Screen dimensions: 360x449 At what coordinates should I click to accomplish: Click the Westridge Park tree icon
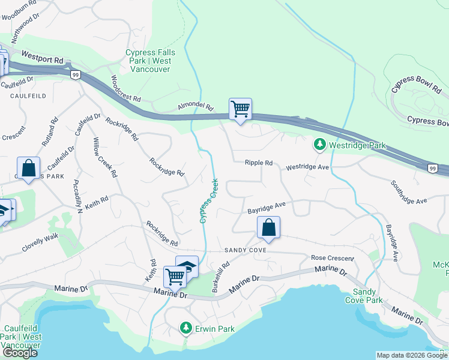pyautogui.click(x=320, y=145)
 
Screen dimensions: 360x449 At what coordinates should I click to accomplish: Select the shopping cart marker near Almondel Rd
pyautogui.click(x=240, y=109)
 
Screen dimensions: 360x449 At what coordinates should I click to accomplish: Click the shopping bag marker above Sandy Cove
pyautogui.click(x=268, y=228)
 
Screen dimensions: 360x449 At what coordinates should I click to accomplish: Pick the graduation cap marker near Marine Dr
pyautogui.click(x=187, y=266)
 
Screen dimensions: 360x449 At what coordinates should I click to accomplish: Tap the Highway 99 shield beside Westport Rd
pyautogui.click(x=75, y=74)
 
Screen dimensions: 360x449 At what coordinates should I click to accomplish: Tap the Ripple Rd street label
pyautogui.click(x=259, y=163)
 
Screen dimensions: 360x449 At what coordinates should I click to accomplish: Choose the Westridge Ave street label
pyautogui.click(x=308, y=167)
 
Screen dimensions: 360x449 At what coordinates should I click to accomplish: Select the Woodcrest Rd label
pyautogui.click(x=125, y=89)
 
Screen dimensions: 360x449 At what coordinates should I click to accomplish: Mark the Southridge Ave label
pyautogui.click(x=408, y=192)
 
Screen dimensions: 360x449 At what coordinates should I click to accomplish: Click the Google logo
pyautogui.click(x=19, y=353)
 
